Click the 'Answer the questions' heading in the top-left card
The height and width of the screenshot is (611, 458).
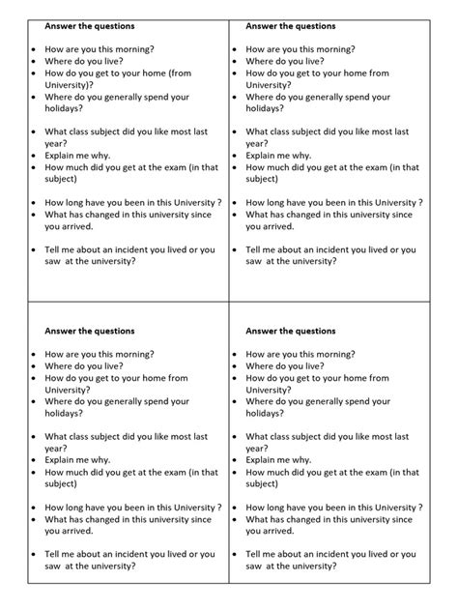pos(90,25)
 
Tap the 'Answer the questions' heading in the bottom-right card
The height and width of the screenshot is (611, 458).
pos(291,332)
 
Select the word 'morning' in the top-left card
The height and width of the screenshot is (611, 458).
pos(130,47)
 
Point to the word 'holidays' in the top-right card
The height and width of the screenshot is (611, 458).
pos(267,109)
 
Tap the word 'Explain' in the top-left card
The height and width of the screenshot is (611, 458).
pos(63,154)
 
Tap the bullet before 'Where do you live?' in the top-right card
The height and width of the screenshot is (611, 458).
pos(235,60)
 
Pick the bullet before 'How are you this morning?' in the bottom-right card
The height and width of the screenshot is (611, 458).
pos(235,354)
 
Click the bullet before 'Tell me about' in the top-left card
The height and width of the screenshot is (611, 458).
pos(34,249)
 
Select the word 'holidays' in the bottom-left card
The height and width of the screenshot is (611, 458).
pos(66,414)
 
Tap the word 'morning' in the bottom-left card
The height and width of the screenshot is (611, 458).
pos(130,354)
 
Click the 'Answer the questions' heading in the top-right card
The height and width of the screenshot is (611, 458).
pos(291,25)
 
